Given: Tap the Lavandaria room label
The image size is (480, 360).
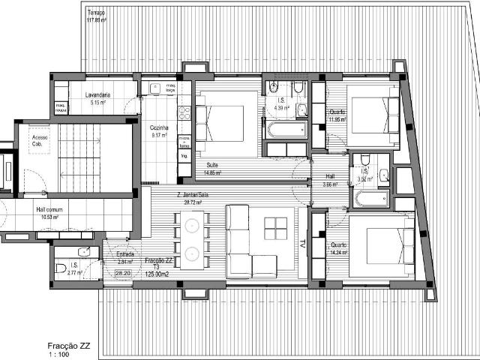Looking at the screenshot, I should (100, 99).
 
